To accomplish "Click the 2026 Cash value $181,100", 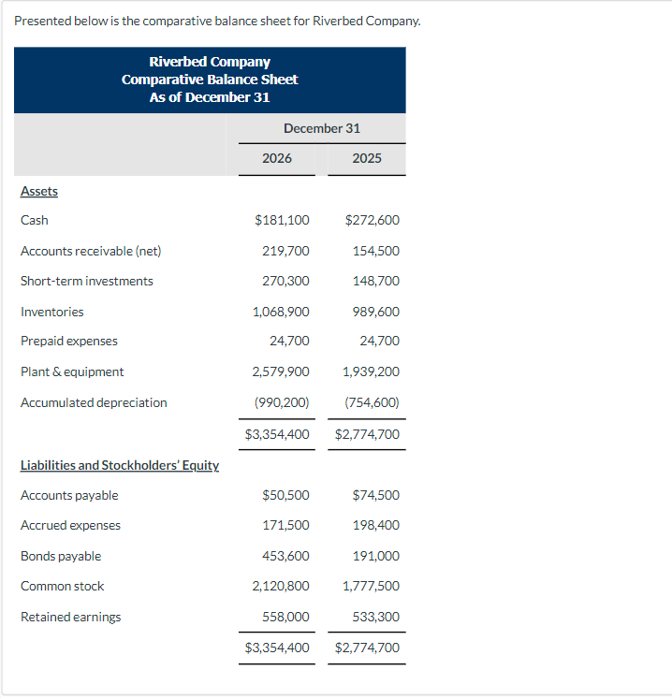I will [x=282, y=221].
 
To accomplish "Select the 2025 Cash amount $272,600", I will [x=372, y=221].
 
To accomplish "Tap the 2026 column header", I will [x=276, y=158].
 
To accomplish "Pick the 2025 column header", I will [x=367, y=158].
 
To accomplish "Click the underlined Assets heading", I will [x=39, y=191].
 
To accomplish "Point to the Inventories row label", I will [x=52, y=312].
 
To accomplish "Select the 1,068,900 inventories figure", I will [x=281, y=312].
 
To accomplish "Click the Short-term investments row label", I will [x=87, y=281].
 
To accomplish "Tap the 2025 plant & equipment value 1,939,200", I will [x=371, y=371].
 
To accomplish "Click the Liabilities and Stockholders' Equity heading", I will [x=120, y=465].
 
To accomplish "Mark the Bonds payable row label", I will [x=61, y=556].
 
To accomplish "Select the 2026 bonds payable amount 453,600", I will [x=285, y=556].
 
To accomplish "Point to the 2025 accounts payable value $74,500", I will [x=375, y=495].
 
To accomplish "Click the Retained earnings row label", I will [x=70, y=617].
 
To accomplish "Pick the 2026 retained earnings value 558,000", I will [x=285, y=617].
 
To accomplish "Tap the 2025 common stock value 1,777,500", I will [x=371, y=586].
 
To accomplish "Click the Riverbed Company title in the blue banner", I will [x=210, y=62].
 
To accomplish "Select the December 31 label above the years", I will [x=322, y=128].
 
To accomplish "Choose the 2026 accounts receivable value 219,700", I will [x=285, y=251].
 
